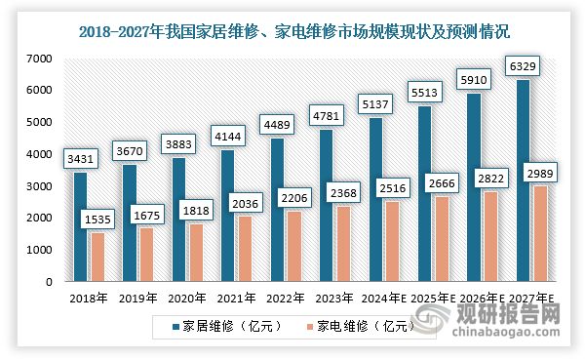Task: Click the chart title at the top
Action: click(292, 31)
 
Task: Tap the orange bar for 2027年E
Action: click(541, 234)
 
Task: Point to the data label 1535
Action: click(97, 221)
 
